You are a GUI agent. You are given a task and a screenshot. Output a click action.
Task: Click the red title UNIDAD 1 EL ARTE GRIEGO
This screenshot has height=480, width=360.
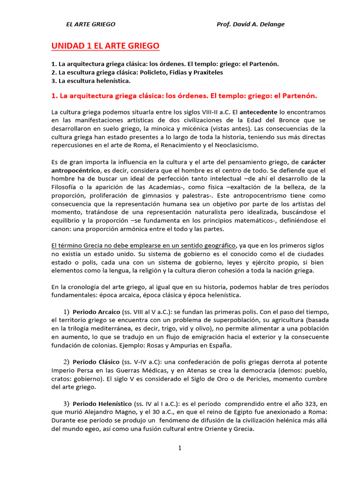click(105, 46)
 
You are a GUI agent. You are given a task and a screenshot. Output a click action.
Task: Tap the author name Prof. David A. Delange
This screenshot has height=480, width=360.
click(250, 24)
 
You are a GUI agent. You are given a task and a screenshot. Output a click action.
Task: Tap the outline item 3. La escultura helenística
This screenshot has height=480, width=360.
click(91, 81)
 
